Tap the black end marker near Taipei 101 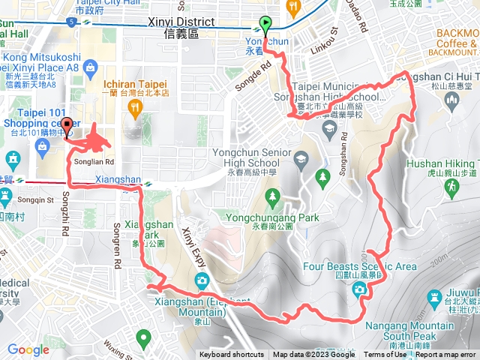tap(67, 127)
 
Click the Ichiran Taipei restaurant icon tap(135, 109)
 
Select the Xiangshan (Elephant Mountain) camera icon tap(202, 280)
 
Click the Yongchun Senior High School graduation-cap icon tap(301, 158)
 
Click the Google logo tap(28, 349)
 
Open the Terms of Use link tap(385, 355)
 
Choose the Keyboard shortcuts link tap(232, 355)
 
